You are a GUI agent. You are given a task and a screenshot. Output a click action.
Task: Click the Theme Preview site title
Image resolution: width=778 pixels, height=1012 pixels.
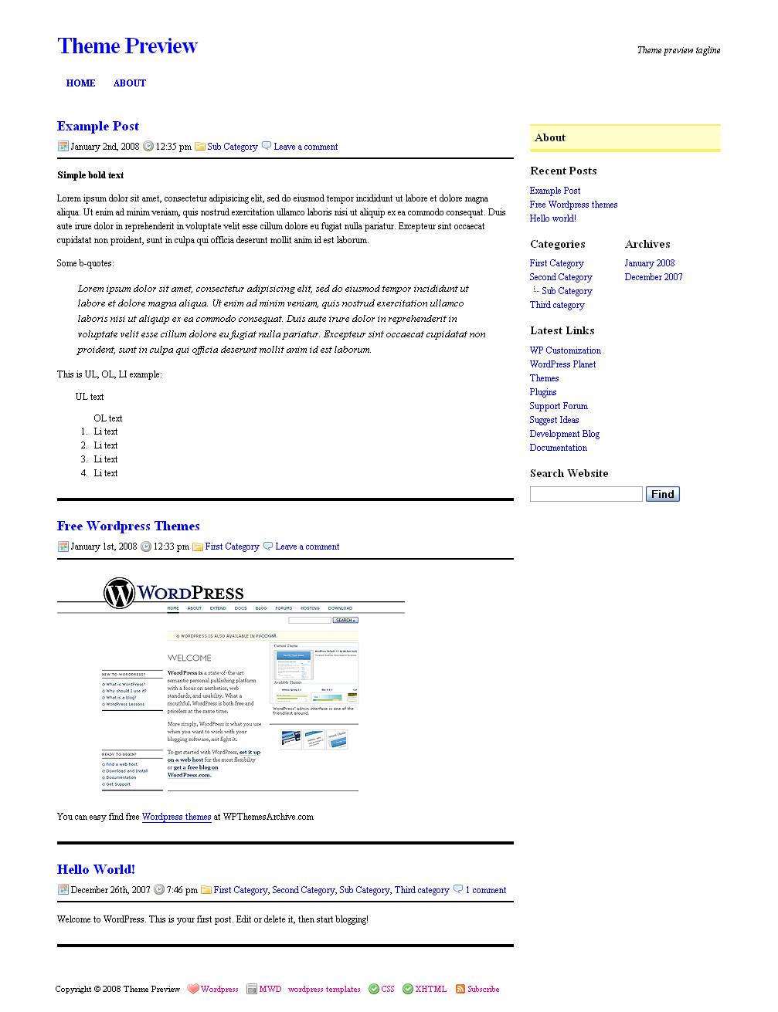(x=127, y=46)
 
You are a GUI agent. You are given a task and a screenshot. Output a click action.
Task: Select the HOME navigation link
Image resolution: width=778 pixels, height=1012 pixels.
(x=80, y=83)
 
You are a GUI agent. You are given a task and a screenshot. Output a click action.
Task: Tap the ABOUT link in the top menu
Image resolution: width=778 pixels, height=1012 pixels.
(x=129, y=83)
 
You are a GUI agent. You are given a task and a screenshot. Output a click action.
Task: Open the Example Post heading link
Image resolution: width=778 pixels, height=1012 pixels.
(x=98, y=127)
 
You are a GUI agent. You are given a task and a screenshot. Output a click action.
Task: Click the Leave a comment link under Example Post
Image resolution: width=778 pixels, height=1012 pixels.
(x=305, y=147)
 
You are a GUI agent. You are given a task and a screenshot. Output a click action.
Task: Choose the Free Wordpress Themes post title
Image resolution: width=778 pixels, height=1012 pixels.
(x=128, y=526)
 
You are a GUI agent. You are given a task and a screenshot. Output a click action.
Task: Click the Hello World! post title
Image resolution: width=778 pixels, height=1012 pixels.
(x=96, y=870)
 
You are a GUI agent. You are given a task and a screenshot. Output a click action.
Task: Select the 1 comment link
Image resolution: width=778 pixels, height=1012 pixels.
(x=485, y=890)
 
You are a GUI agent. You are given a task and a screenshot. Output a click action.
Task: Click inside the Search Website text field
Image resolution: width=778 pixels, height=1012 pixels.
(x=586, y=494)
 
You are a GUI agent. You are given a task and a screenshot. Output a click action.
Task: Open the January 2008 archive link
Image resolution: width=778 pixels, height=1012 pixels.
(x=649, y=263)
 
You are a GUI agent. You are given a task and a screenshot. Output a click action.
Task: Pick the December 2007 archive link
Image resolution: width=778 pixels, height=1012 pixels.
(x=653, y=277)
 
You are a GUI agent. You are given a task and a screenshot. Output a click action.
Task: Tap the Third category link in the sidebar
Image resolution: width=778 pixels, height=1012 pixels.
(x=556, y=305)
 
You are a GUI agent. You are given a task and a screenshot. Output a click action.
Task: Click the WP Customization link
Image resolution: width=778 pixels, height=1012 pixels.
(x=565, y=350)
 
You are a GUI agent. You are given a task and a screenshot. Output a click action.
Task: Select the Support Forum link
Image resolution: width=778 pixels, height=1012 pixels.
(x=559, y=406)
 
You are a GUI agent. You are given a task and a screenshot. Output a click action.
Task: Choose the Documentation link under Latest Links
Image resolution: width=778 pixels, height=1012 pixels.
(x=558, y=448)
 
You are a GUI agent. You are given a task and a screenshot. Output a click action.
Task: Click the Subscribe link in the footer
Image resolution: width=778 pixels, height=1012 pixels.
(x=483, y=990)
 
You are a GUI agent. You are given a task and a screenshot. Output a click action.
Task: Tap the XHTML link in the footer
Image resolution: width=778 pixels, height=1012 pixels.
(x=430, y=990)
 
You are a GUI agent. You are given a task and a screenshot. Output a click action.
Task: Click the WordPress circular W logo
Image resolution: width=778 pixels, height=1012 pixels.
(x=119, y=594)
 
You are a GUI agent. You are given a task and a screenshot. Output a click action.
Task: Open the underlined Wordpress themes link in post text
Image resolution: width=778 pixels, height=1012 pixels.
(x=176, y=817)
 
